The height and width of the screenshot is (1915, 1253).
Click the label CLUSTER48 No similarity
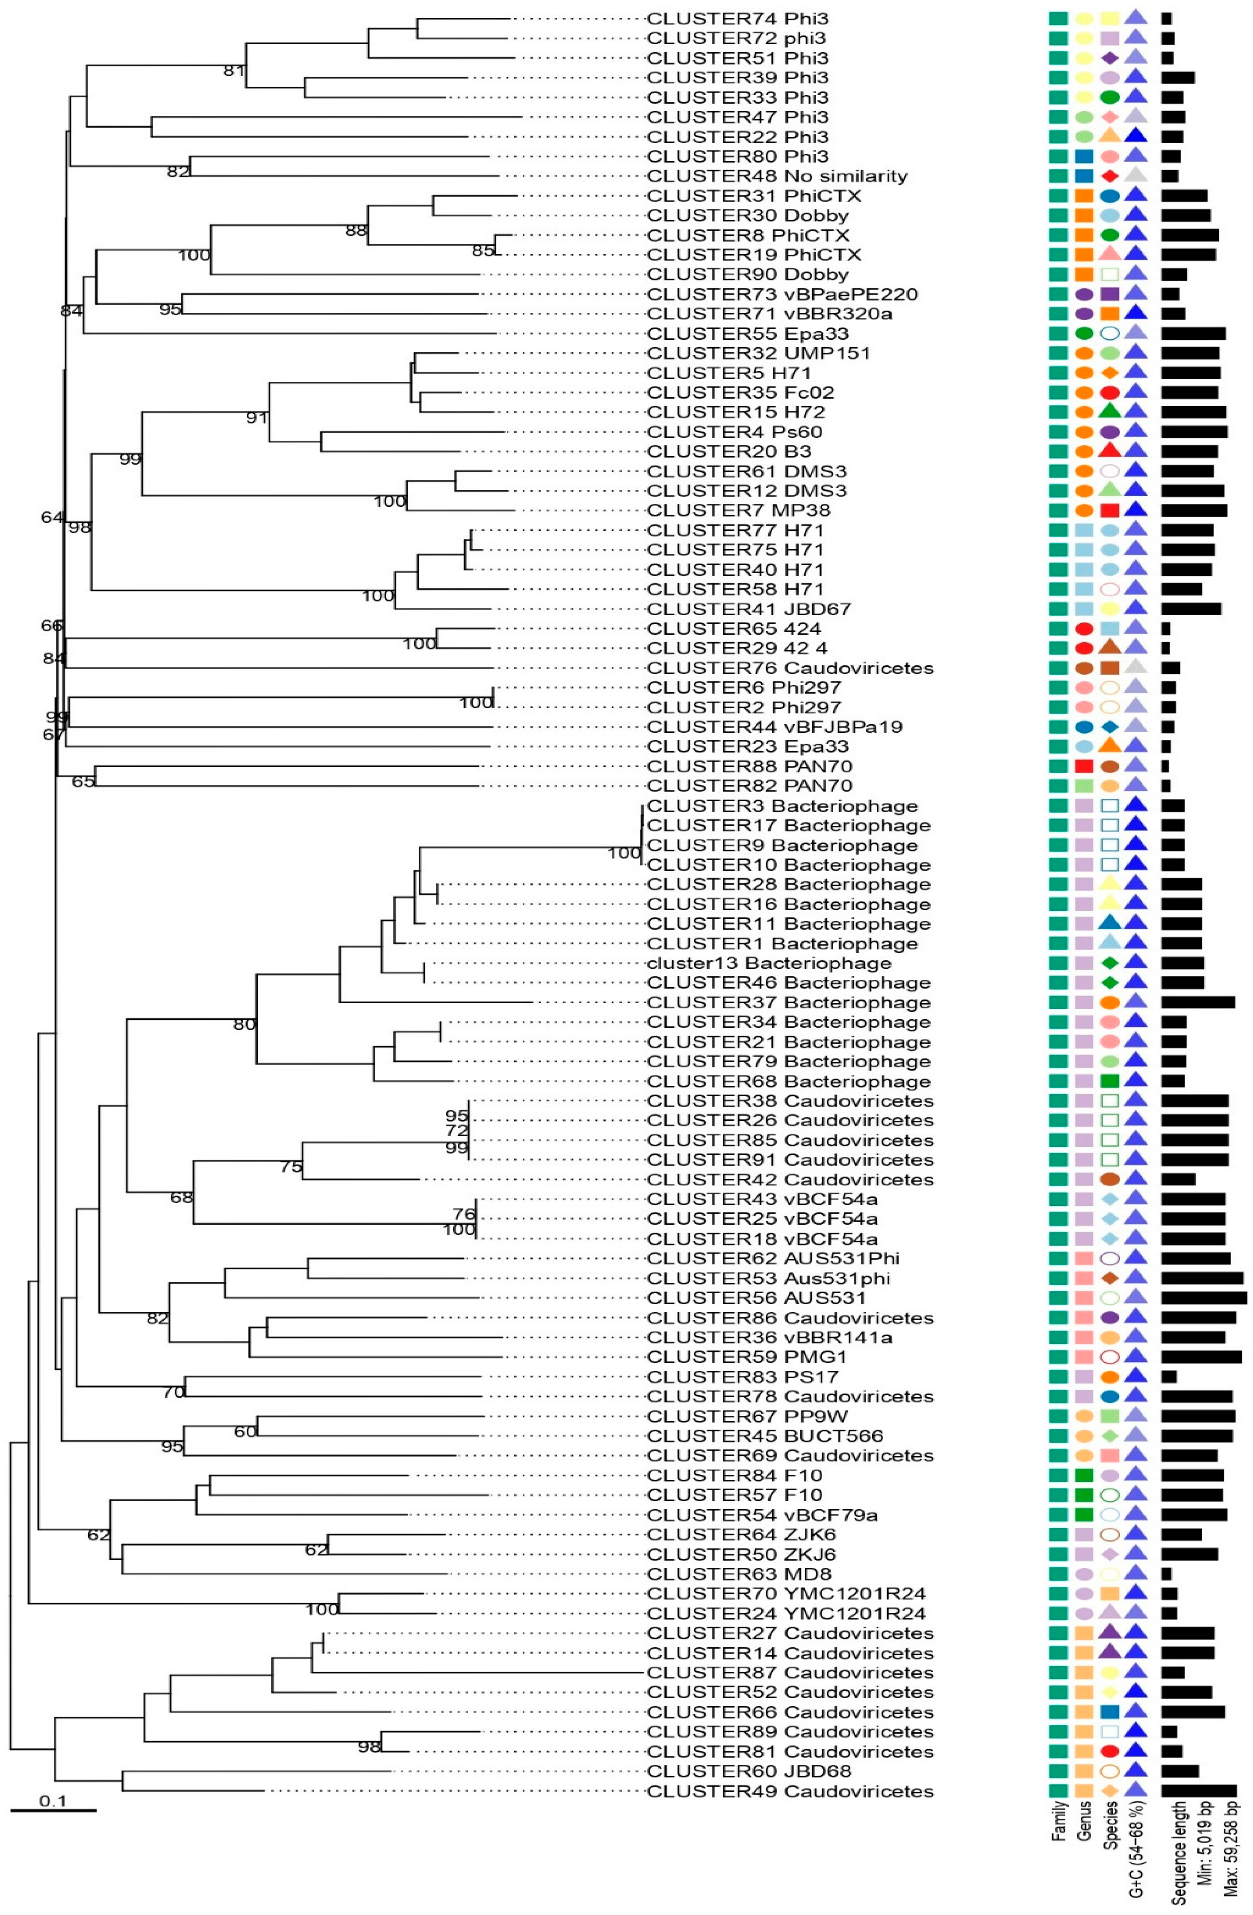(x=777, y=176)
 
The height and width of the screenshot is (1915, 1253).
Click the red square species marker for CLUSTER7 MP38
(x=1110, y=510)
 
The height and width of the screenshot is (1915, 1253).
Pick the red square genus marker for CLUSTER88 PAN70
(x=1084, y=766)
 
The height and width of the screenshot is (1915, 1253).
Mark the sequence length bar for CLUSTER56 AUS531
(x=1203, y=1298)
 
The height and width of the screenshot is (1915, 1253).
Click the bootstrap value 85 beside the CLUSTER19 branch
(x=482, y=251)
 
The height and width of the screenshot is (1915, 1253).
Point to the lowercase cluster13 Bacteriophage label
(x=769, y=963)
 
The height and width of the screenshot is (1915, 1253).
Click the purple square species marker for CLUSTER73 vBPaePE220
(x=1110, y=295)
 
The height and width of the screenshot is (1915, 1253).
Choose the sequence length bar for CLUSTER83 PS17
(x=1168, y=1377)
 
